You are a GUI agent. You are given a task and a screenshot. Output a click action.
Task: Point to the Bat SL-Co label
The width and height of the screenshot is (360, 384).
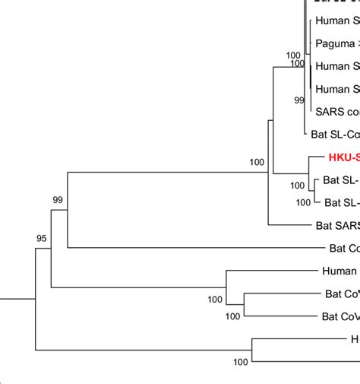[x=335, y=135]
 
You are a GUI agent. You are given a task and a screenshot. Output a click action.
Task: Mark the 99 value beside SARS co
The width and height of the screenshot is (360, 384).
[x=299, y=100]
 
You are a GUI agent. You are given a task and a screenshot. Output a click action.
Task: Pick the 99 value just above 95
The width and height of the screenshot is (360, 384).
[x=57, y=200]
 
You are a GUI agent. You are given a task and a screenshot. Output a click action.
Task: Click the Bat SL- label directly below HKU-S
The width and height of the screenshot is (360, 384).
[x=340, y=180]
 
